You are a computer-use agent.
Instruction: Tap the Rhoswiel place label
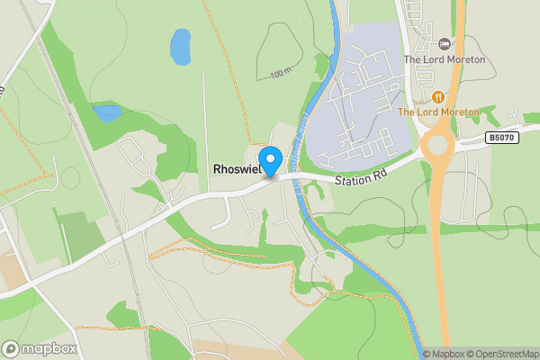[237, 169]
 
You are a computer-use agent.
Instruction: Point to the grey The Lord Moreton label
[444, 59]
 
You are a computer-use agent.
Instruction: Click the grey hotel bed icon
[444, 43]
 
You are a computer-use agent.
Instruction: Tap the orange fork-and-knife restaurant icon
[437, 96]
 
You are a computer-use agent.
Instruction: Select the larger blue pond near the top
[181, 46]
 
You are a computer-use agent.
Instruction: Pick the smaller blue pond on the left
[107, 112]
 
